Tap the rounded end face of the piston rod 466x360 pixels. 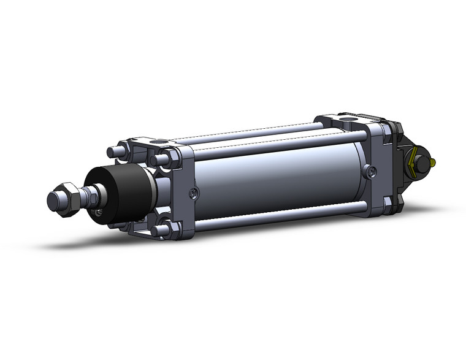pyautogui.click(x=53, y=201)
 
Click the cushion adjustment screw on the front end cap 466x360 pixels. pyautogui.click(x=194, y=194)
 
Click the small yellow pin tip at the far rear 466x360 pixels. pyautogui.click(x=434, y=163)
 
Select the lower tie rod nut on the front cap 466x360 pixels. pyautogui.click(x=162, y=230)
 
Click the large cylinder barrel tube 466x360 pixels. pyautogui.click(x=276, y=178)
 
